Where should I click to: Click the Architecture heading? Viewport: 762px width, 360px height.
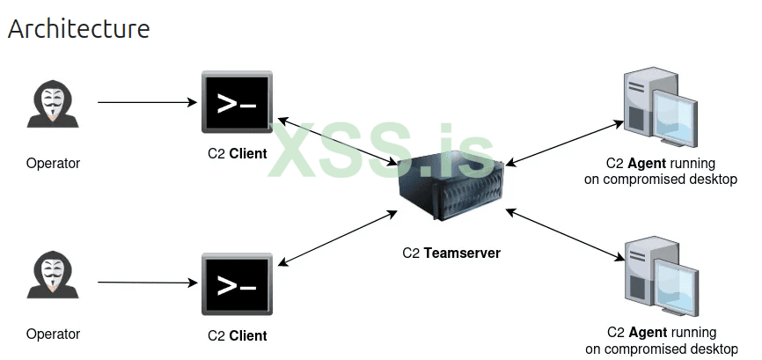[78, 28]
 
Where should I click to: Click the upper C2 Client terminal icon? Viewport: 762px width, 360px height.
[237, 103]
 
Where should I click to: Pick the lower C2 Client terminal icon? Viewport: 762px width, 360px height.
[237, 284]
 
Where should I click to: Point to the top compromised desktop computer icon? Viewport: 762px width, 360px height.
[657, 109]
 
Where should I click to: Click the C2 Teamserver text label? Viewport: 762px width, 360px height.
[451, 253]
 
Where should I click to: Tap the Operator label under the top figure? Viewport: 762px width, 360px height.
[53, 163]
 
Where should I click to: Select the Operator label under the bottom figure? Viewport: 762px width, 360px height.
[53, 334]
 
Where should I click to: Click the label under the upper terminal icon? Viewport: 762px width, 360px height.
[237, 154]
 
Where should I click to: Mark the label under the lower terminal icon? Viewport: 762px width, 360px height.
[237, 335]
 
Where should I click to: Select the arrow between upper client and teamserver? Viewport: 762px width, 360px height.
[338, 141]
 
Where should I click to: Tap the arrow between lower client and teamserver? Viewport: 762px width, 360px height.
[337, 237]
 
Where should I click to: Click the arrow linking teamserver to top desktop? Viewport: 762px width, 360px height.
[563, 142]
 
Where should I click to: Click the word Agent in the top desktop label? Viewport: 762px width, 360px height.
[647, 164]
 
